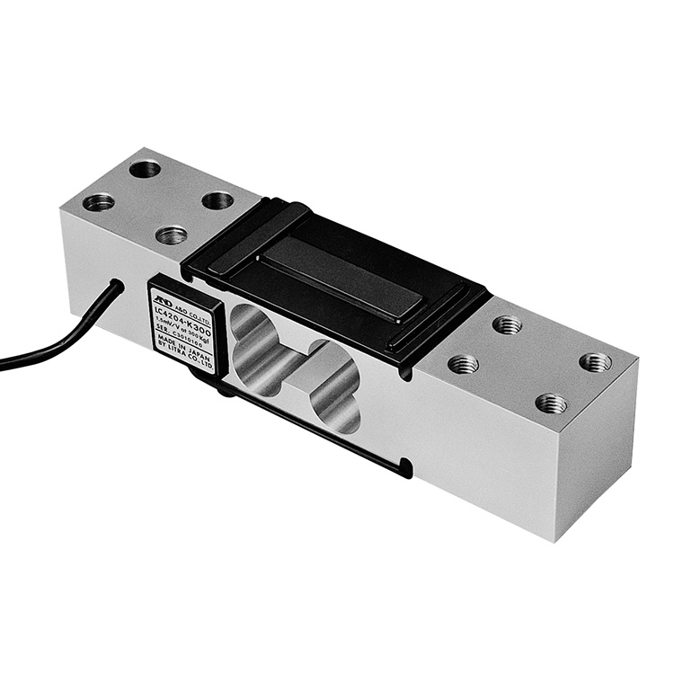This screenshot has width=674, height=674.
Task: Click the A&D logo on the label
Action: click(x=162, y=296)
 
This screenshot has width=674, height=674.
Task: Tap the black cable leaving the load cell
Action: click(x=54, y=346)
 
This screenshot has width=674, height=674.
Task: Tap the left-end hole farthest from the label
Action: click(x=144, y=168)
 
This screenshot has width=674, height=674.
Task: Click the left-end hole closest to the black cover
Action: click(x=217, y=200)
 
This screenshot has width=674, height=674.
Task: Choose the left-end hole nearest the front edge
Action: click(x=171, y=235)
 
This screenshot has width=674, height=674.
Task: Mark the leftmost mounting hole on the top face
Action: click(x=98, y=202)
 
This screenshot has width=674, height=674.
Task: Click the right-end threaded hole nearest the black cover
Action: click(x=507, y=324)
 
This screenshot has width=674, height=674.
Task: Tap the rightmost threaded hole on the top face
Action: click(x=596, y=361)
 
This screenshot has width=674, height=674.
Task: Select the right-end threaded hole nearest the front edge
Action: click(x=551, y=404)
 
